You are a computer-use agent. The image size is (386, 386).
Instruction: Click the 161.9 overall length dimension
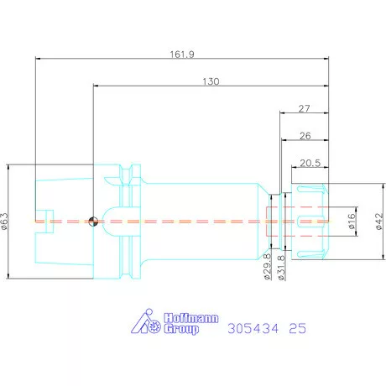(182, 54)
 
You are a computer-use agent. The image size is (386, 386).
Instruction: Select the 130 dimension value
(211, 81)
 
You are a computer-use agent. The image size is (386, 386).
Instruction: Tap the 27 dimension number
(304, 108)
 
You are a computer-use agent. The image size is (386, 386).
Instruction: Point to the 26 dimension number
(305, 136)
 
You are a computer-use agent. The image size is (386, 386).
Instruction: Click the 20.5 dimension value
(310, 163)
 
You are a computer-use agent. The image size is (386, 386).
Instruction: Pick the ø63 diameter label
(5, 221)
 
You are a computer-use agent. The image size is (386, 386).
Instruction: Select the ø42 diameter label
(378, 222)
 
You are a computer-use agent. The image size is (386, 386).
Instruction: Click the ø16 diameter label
(352, 221)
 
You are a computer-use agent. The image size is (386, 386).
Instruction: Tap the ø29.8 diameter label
(268, 267)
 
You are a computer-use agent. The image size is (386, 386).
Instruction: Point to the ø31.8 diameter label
(281, 268)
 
